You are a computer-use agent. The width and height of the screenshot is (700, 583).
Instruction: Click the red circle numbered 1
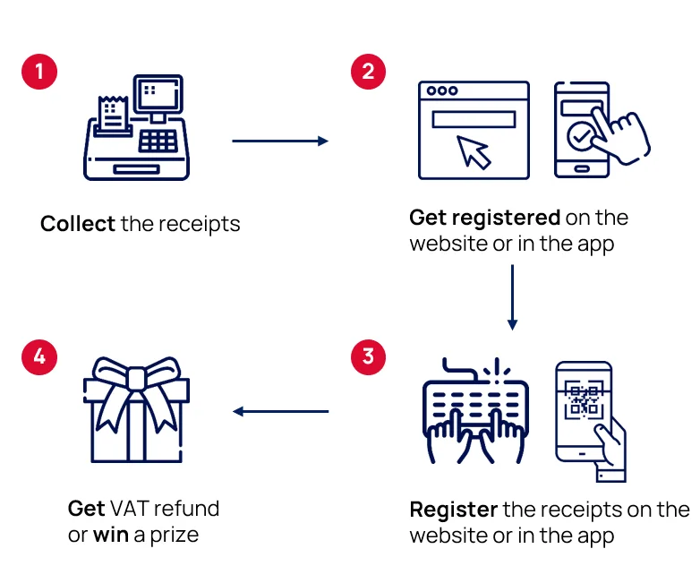tap(39, 72)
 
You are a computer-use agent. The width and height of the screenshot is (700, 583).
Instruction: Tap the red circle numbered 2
tap(368, 72)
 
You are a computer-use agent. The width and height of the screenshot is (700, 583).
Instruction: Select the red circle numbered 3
tap(368, 357)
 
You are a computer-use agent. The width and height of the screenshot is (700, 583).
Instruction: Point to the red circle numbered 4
tap(39, 357)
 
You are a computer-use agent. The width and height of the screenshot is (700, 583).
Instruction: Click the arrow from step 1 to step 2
tap(279, 141)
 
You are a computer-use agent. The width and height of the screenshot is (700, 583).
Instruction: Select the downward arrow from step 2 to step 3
tap(512, 296)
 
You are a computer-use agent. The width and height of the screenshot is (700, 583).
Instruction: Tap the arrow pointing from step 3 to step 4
tap(280, 412)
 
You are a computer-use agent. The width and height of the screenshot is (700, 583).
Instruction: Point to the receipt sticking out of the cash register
tap(113, 112)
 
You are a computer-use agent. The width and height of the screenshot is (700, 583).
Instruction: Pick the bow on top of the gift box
tap(136, 381)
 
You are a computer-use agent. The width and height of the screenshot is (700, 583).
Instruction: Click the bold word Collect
tap(77, 224)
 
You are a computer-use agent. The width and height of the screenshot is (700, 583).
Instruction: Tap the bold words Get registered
tap(484, 218)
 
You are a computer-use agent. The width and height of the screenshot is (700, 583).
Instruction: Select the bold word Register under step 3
tap(453, 510)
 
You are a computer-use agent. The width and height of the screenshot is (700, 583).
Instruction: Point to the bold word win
tap(111, 536)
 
